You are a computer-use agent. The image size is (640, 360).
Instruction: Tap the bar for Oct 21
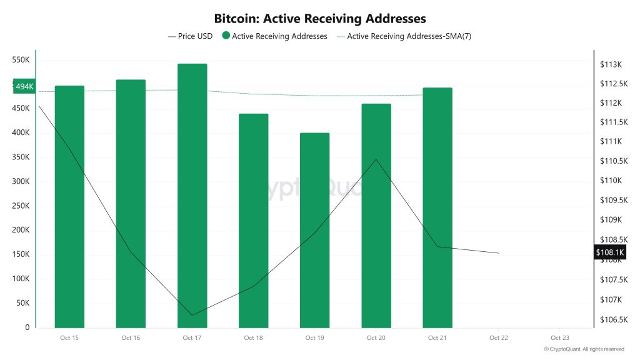[x=437, y=207]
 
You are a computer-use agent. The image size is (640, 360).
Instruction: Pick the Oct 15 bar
[x=69, y=206]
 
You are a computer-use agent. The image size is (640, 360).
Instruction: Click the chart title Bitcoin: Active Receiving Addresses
[x=319, y=19]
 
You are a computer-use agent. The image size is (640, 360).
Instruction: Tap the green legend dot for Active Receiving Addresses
[x=226, y=36]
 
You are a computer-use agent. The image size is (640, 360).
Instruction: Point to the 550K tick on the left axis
[x=21, y=60]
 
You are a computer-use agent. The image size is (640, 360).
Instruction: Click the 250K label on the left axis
[x=21, y=206]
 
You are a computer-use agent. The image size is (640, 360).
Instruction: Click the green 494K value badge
[x=24, y=86]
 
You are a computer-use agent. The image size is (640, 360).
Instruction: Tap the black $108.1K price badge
[x=609, y=252]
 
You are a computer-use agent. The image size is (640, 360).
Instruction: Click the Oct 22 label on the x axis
[x=498, y=338]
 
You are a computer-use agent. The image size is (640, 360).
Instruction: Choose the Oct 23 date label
[x=559, y=338]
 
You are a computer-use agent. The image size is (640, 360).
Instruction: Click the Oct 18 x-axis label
[x=253, y=338]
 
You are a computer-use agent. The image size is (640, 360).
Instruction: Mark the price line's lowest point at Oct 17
[x=192, y=315]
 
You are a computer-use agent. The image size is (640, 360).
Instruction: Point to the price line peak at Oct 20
[x=376, y=159]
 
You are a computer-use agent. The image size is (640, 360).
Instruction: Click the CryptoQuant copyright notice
[x=584, y=349]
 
